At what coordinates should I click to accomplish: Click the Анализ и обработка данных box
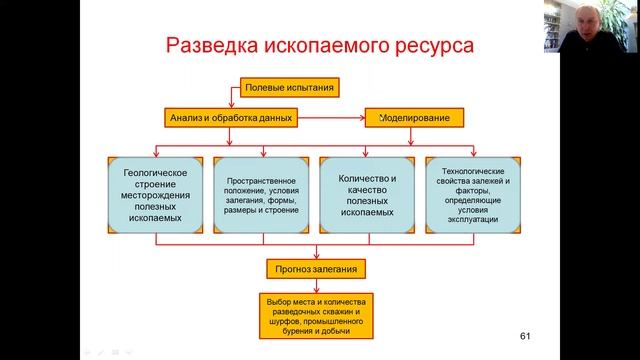(x=229, y=118)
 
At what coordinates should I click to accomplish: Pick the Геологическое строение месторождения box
(x=156, y=195)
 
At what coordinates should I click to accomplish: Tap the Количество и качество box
(x=368, y=195)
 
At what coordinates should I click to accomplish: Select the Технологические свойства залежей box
(x=473, y=195)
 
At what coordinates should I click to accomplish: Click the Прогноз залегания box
(x=317, y=269)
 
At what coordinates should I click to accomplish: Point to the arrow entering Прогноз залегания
(x=317, y=252)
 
